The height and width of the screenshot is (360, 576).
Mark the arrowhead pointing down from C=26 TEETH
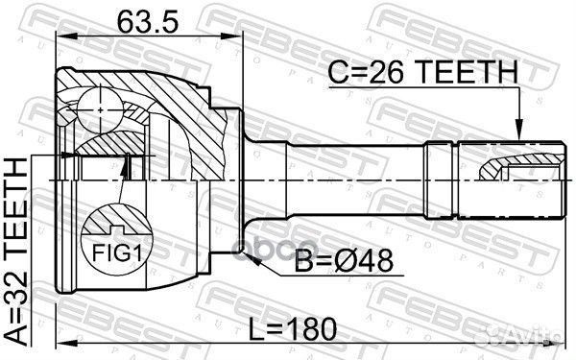click(x=518, y=133)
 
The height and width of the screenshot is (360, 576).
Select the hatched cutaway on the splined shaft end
click(x=499, y=170)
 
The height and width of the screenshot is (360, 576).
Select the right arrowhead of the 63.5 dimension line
click(x=235, y=37)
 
